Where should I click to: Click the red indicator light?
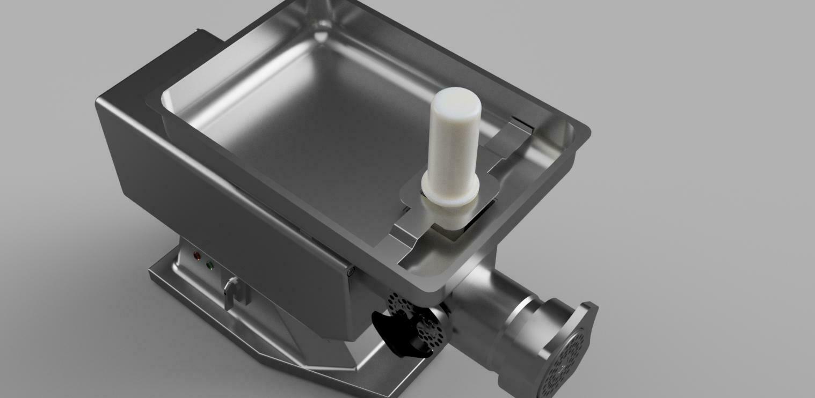[x=197, y=255]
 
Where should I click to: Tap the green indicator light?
[x=209, y=265]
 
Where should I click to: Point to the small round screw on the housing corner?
[x=351, y=272]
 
